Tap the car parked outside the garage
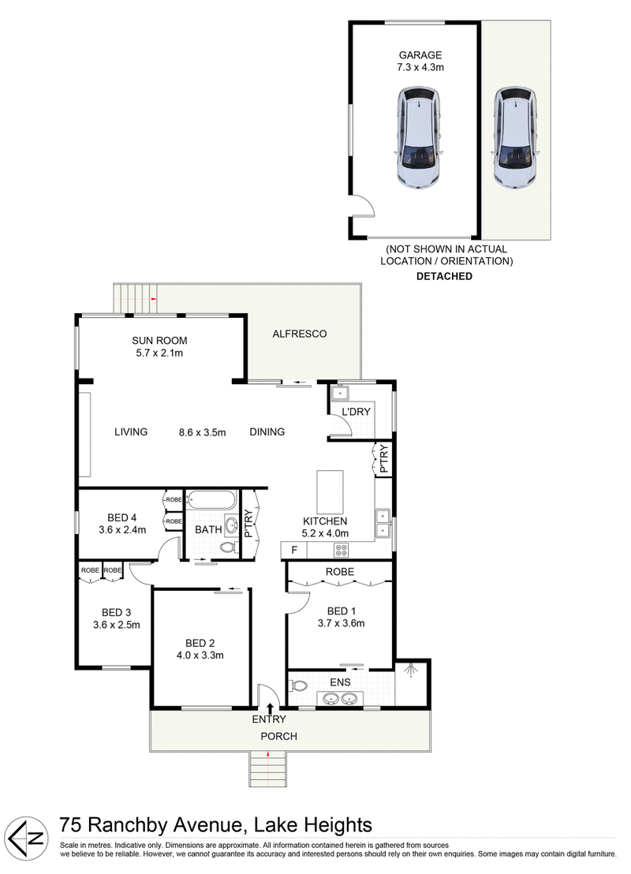(x=514, y=138)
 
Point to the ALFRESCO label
(x=299, y=334)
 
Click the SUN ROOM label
(x=159, y=341)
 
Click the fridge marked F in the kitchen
(x=294, y=549)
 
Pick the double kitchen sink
(x=383, y=523)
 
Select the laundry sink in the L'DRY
(x=341, y=392)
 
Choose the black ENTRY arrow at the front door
(x=271, y=708)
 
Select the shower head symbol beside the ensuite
(x=412, y=671)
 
